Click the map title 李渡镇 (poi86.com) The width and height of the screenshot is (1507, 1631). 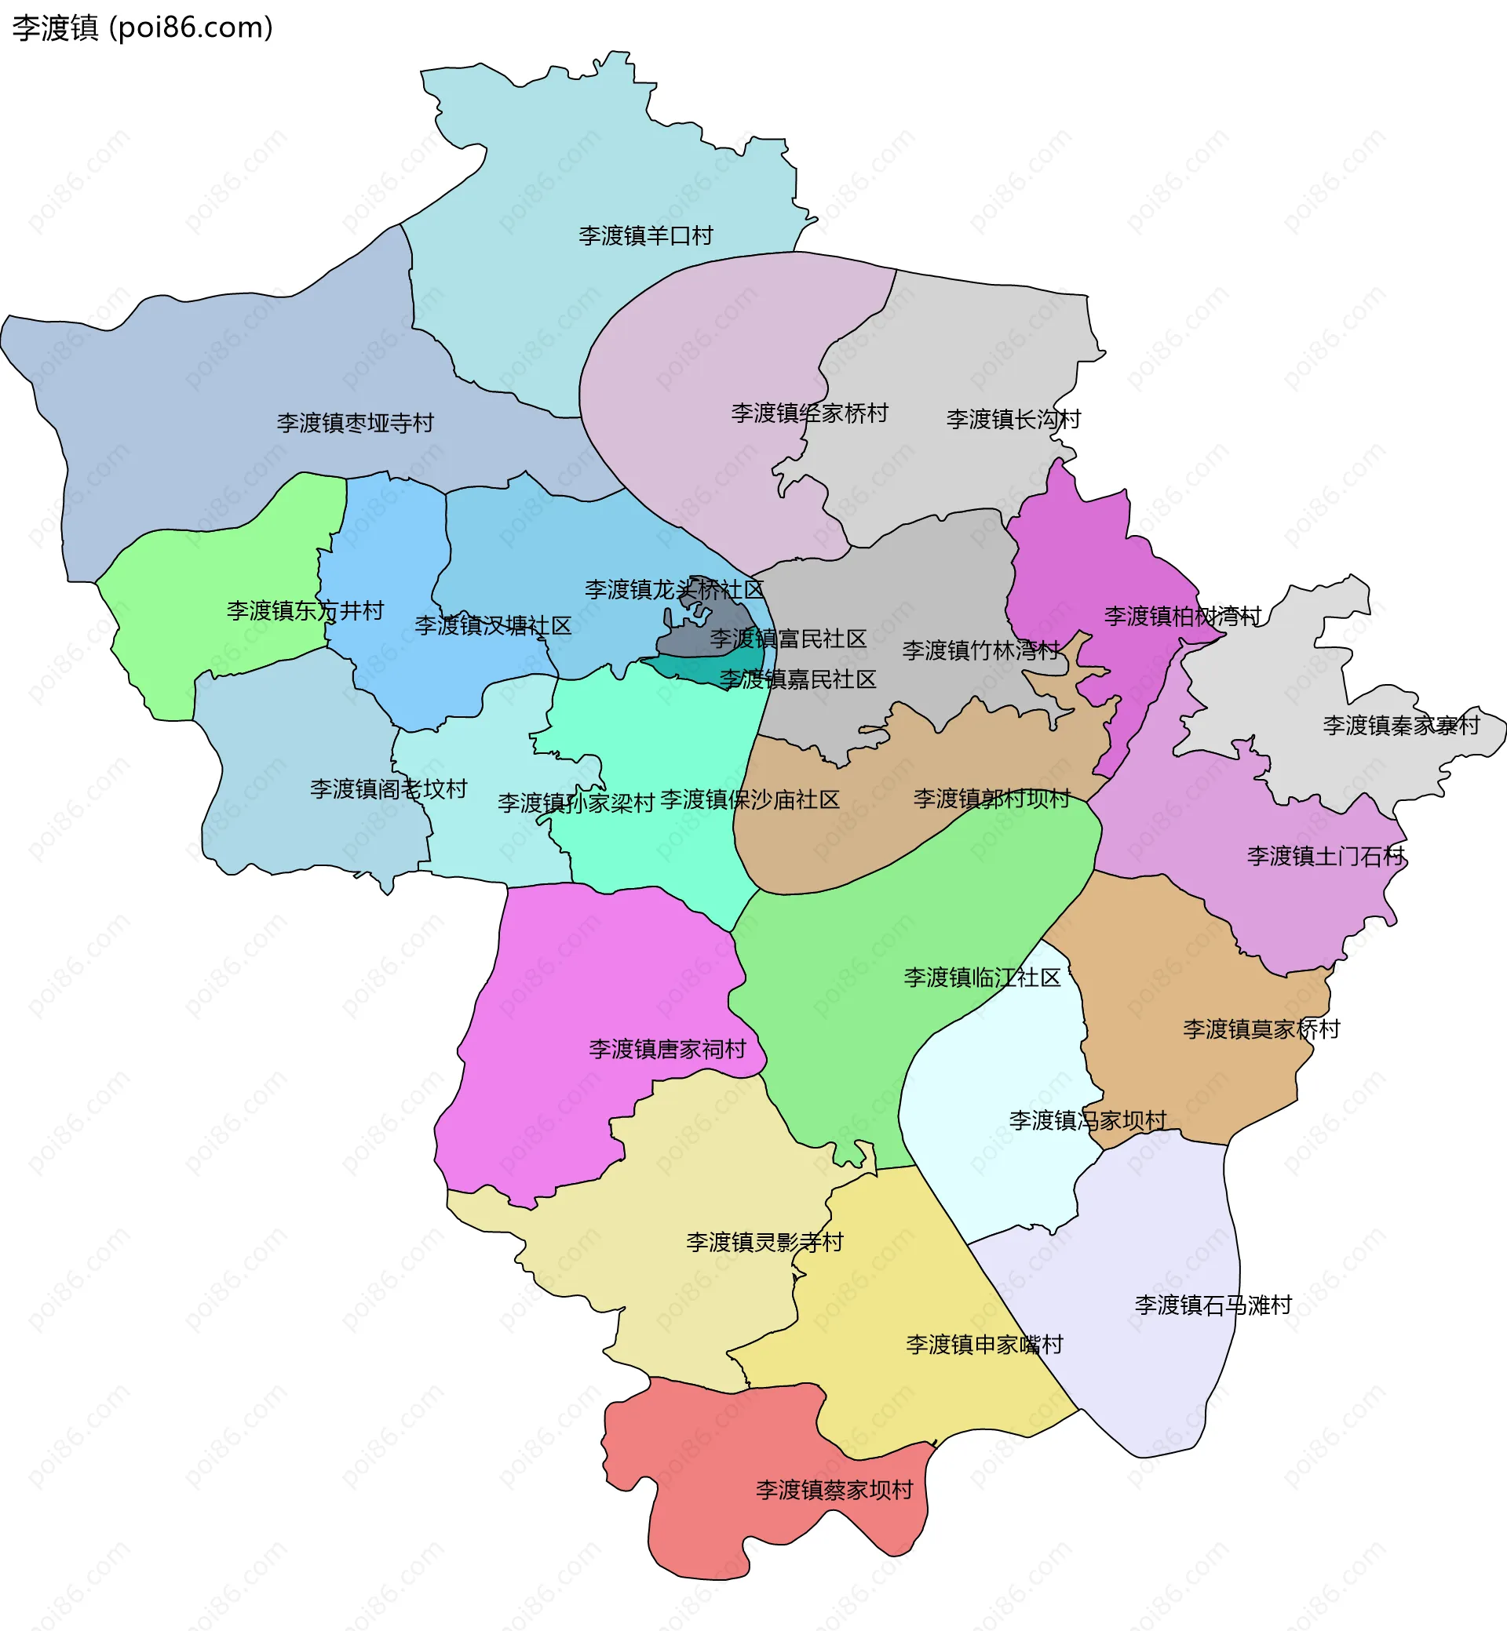click(x=143, y=27)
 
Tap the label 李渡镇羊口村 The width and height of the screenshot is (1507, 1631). click(x=646, y=235)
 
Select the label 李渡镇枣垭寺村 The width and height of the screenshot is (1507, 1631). click(x=355, y=423)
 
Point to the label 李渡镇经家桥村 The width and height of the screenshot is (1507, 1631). click(x=809, y=413)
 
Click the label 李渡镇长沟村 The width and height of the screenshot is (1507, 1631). click(x=1013, y=419)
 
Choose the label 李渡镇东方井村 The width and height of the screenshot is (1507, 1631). click(x=305, y=610)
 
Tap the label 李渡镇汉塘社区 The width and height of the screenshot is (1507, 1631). click(x=493, y=625)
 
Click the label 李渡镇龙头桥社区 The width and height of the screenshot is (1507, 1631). click(x=673, y=589)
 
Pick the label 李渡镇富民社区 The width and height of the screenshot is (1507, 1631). click(x=788, y=639)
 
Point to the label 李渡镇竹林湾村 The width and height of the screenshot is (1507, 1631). click(x=981, y=650)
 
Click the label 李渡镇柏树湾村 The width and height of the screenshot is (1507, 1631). click(x=1182, y=615)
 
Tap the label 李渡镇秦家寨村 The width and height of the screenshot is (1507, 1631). click(x=1401, y=725)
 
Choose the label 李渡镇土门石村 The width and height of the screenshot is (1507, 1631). click(x=1325, y=856)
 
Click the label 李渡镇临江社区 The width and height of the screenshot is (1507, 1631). click(x=982, y=978)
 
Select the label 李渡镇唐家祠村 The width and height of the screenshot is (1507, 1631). click(x=667, y=1049)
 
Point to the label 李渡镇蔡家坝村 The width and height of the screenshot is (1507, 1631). click(x=834, y=1490)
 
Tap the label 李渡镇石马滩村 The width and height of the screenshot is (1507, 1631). click(x=1213, y=1305)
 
